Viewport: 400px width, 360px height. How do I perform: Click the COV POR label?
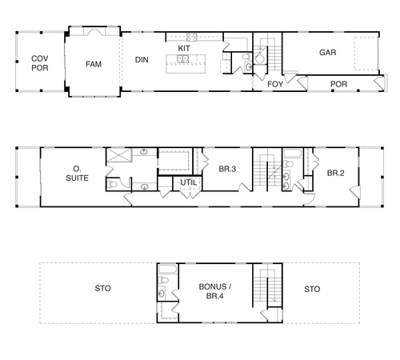tap(40, 63)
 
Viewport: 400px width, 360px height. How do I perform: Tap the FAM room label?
tap(94, 64)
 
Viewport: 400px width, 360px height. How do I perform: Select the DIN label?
tap(142, 60)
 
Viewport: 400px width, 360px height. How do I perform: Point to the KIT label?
tap(184, 49)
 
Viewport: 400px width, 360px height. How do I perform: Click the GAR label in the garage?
tap(328, 53)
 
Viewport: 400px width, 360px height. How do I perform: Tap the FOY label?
tap(275, 84)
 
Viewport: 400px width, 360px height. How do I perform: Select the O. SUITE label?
tap(77, 174)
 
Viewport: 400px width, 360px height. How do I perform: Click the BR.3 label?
tap(227, 169)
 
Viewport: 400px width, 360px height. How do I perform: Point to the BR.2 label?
tap(335, 173)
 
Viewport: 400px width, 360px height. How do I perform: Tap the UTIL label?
tap(189, 182)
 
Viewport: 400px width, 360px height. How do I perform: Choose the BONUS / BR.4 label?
tap(215, 291)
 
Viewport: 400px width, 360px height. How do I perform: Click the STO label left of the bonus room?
tap(102, 288)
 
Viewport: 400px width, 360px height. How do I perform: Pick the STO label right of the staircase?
tap(312, 289)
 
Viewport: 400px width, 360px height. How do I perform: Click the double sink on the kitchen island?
tap(183, 58)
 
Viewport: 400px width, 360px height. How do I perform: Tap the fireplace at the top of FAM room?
tap(94, 32)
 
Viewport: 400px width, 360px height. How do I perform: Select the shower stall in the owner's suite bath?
tap(119, 155)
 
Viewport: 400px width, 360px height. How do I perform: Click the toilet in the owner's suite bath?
tap(112, 184)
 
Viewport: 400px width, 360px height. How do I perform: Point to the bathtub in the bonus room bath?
tap(167, 270)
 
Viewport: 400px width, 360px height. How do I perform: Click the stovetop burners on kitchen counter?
tap(192, 37)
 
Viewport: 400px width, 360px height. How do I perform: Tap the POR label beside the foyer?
tap(338, 84)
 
